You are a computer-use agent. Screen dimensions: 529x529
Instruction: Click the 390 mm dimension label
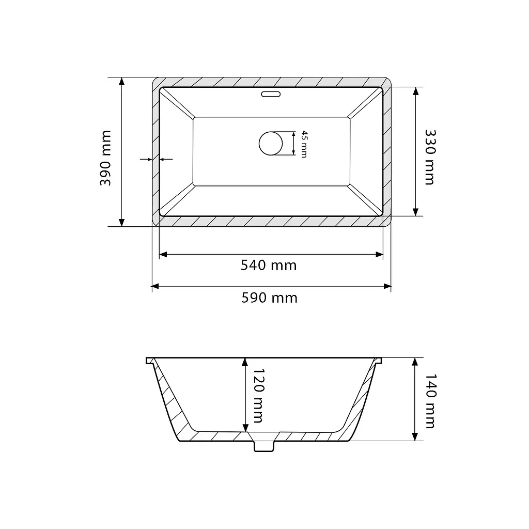pos(105,158)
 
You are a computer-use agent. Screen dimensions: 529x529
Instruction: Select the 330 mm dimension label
pos(430,157)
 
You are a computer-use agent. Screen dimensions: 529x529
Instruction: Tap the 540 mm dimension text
pos(269,266)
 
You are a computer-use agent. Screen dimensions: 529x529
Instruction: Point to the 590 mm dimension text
pos(269,298)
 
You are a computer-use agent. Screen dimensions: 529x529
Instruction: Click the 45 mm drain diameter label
pos(304,144)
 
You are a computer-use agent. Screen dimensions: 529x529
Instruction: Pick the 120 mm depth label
pos(258,395)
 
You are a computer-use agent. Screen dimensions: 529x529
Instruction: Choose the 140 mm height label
pos(430,401)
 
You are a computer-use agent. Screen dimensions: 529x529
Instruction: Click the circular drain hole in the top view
pos(271,144)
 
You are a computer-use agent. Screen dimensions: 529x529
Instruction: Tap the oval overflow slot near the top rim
pos(271,94)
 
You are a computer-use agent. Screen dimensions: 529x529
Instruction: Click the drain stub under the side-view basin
pos(264,446)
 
